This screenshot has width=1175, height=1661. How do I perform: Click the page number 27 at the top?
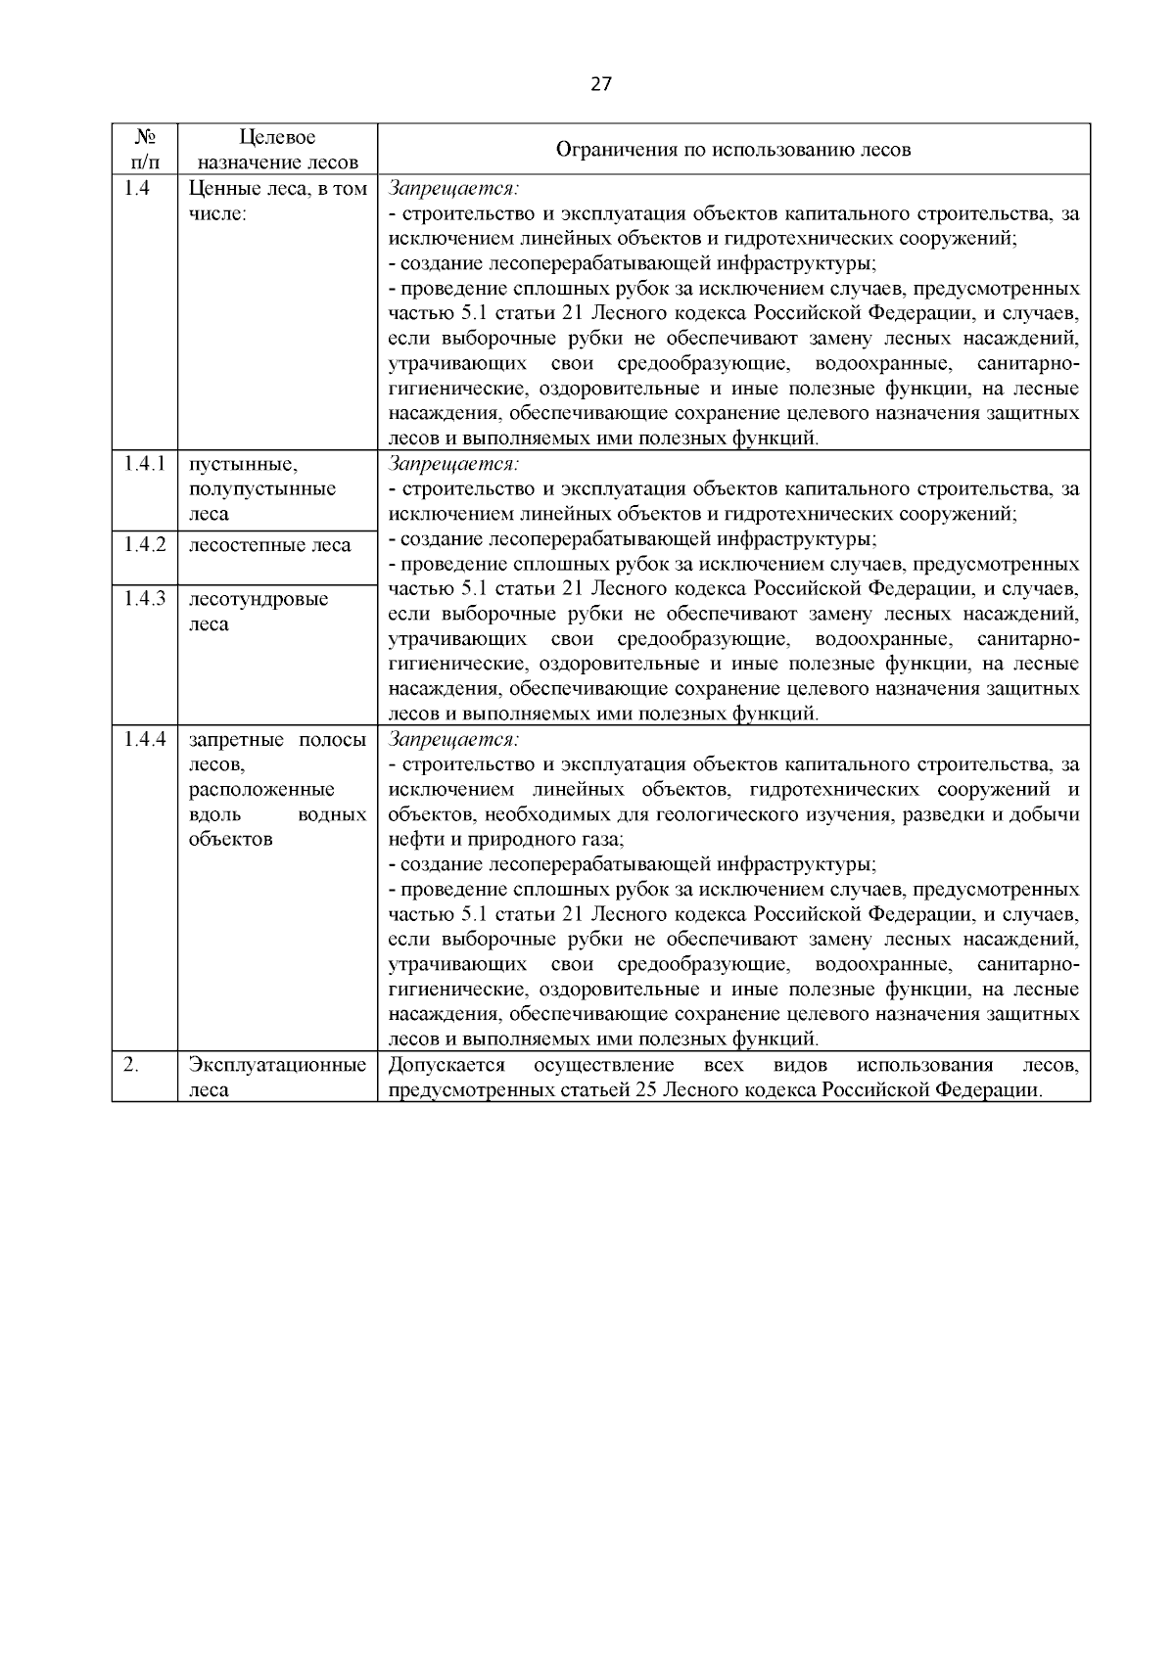[601, 83]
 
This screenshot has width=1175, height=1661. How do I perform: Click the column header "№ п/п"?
[144, 149]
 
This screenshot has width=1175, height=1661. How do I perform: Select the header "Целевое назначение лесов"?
[277, 149]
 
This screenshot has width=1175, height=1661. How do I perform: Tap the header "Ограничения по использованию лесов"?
[733, 150]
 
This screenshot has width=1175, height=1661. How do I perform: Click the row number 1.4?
[137, 189]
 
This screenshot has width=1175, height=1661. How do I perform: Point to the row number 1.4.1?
[144, 464]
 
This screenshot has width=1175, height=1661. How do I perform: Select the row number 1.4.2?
[144, 544]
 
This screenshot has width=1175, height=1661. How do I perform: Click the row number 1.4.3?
[144, 598]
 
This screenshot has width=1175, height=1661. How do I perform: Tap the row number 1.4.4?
[144, 739]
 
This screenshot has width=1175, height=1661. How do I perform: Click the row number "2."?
[131, 1065]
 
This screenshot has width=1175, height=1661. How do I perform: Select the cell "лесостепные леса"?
[270, 545]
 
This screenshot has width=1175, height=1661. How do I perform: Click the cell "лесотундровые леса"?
[258, 611]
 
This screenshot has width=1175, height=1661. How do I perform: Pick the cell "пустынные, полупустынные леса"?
[261, 488]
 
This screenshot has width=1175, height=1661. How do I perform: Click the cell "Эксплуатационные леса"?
[277, 1077]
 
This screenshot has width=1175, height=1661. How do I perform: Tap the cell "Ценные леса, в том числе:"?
[277, 201]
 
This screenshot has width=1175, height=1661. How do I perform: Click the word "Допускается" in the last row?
[446, 1065]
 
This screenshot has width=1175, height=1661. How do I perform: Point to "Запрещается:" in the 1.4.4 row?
[453, 739]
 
